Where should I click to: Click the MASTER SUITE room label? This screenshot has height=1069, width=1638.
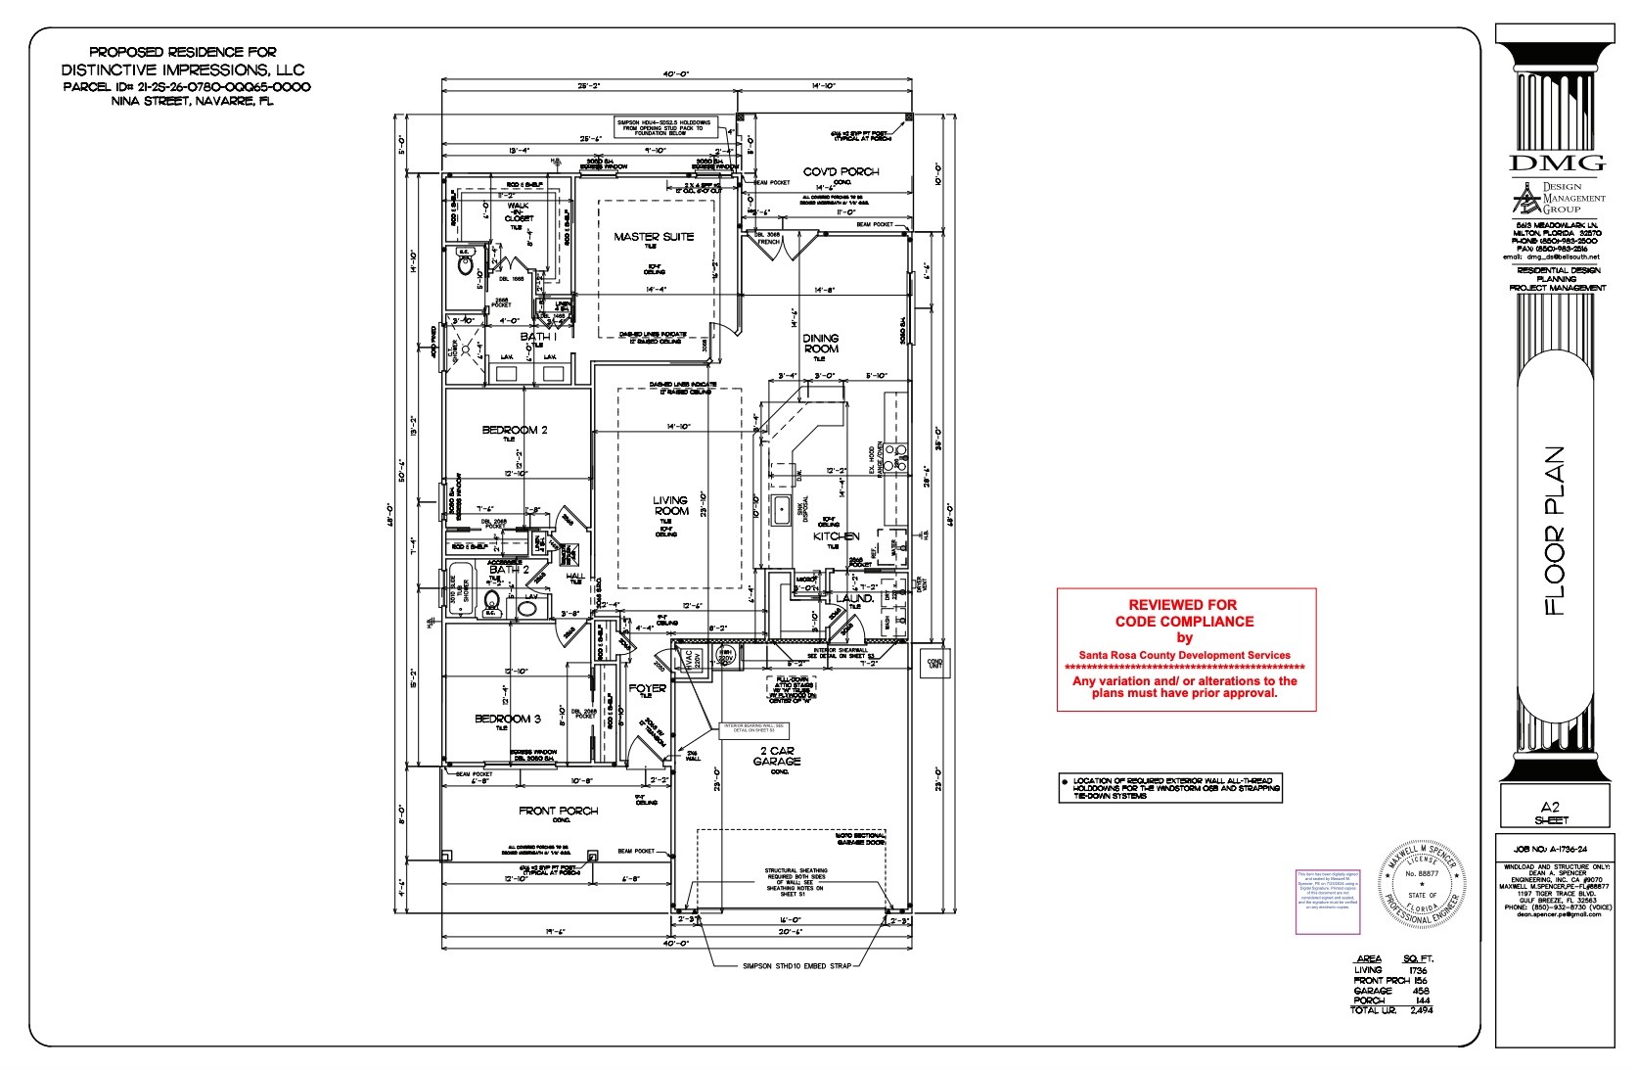[x=654, y=237]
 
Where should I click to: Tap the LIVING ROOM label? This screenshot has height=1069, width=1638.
[x=670, y=505]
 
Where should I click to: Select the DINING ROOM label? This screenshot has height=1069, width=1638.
[x=821, y=344]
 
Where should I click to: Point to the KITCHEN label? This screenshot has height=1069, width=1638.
[x=837, y=536]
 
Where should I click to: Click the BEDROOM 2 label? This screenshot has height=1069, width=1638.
[x=514, y=430]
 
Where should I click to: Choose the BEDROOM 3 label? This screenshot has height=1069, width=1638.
[x=508, y=719]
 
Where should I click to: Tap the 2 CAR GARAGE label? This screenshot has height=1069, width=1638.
[x=778, y=757]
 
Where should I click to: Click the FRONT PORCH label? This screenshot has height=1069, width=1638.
[x=558, y=811]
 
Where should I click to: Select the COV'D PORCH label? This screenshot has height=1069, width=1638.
[x=841, y=172]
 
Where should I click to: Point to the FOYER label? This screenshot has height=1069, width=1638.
[x=647, y=688]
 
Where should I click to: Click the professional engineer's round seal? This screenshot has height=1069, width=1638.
[x=1422, y=885]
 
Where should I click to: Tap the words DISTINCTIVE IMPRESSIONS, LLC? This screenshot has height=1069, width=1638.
[x=183, y=70]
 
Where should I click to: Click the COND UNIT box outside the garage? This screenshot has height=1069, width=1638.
[x=934, y=663]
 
